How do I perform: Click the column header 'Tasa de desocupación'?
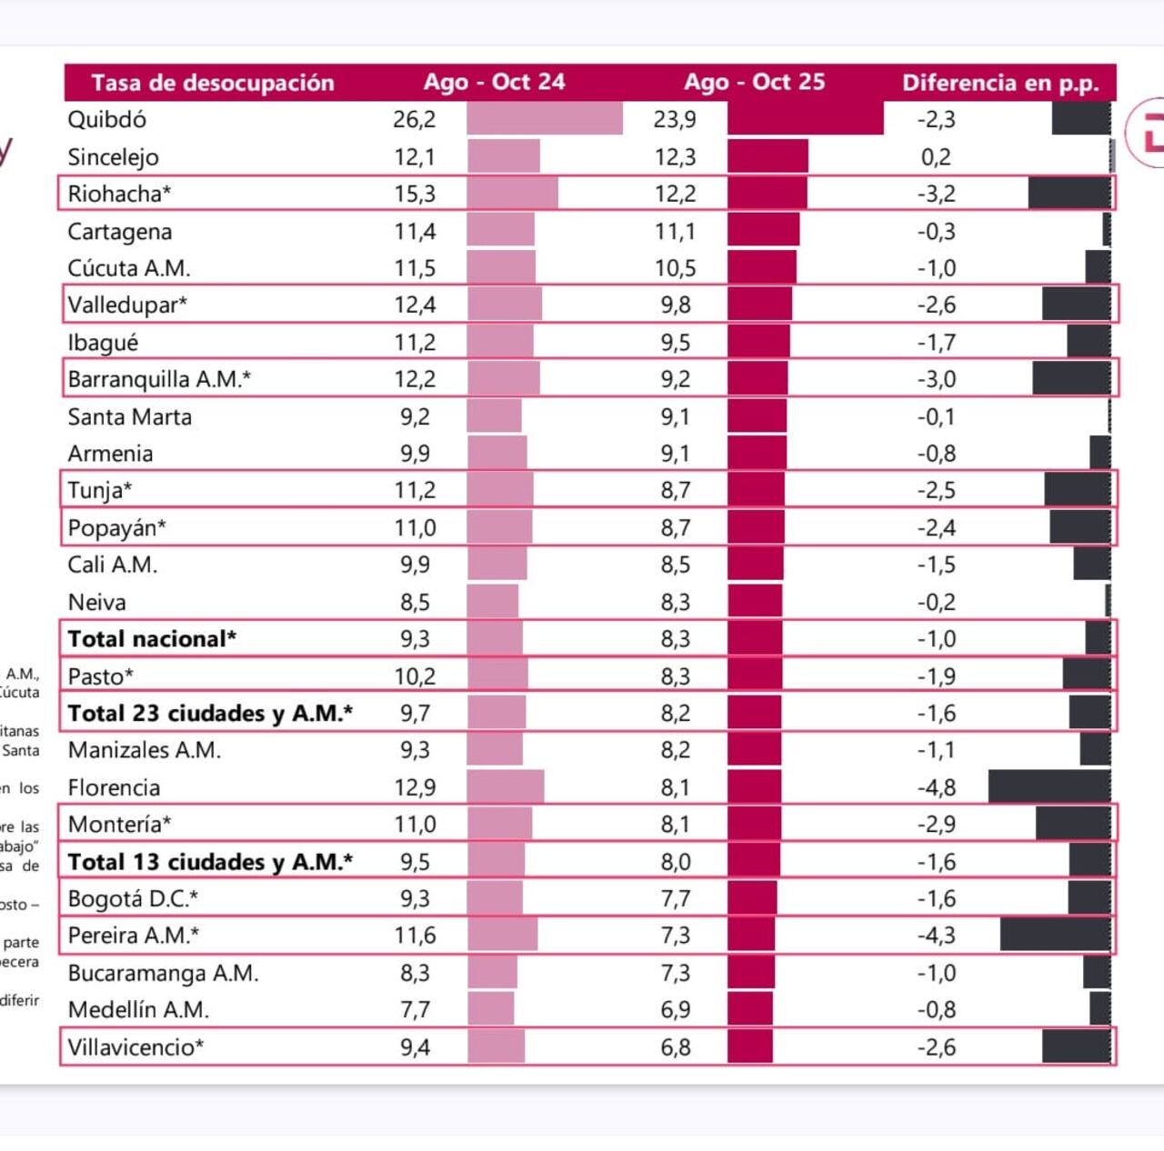[213, 83]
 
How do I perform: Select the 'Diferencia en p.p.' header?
[1000, 83]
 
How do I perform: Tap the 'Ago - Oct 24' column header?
[494, 82]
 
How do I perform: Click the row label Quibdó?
[106, 119]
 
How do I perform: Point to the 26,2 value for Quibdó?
[414, 119]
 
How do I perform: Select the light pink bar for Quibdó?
[545, 119]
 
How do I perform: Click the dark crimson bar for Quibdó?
[805, 119]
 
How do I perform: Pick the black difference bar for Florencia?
[1049, 786]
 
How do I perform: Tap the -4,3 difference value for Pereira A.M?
[936, 936]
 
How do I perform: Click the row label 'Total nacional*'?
[152, 639]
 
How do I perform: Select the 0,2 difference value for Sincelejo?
[936, 156]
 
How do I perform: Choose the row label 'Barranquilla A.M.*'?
[159, 379]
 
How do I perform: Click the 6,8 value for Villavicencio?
[676, 1047]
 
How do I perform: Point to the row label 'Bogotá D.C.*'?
[133, 899]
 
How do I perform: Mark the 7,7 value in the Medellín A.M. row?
[415, 1010]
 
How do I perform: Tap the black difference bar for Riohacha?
[1069, 194]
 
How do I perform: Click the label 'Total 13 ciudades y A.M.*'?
[210, 862]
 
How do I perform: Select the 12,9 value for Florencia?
[415, 787]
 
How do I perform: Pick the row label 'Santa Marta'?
[130, 417]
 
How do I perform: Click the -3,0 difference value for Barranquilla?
[936, 379]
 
